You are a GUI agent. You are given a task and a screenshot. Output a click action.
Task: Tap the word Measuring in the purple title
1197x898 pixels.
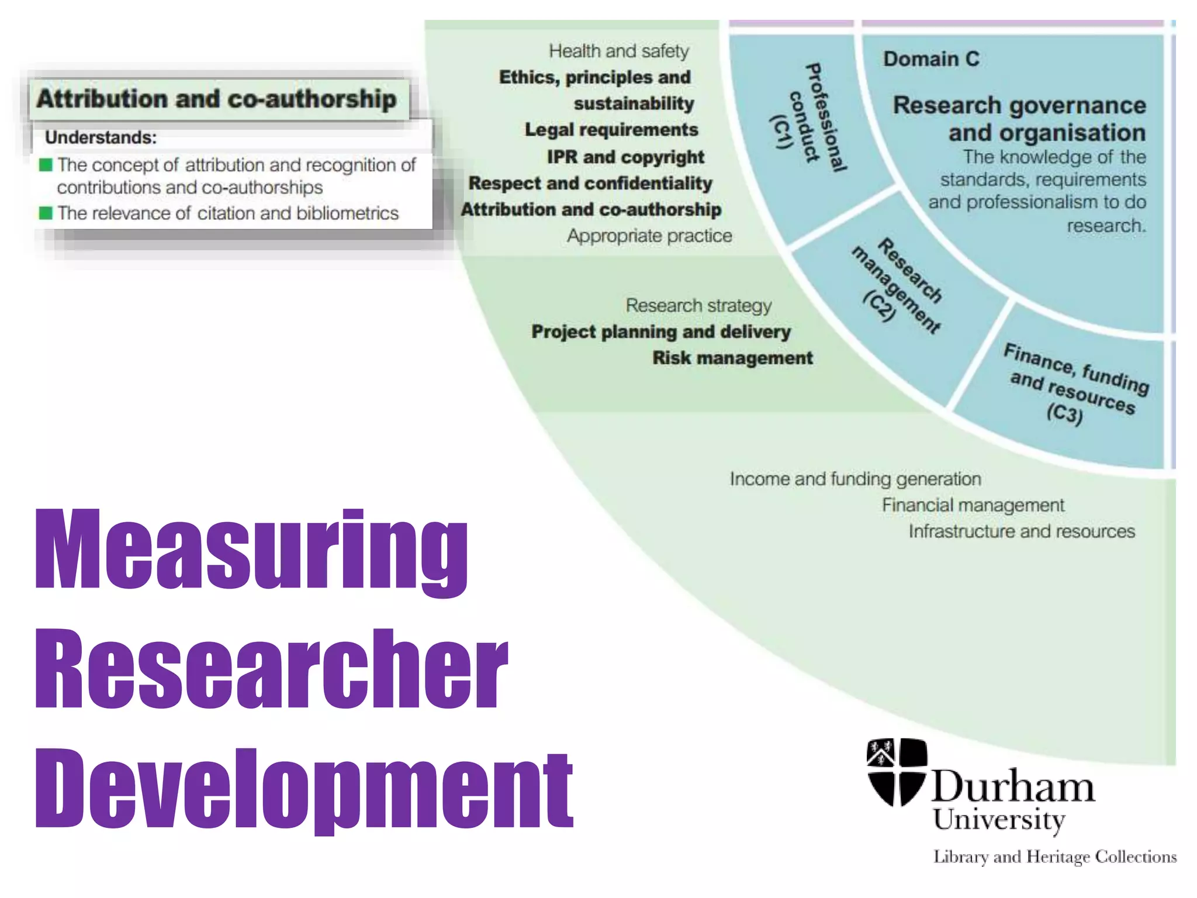click(x=251, y=550)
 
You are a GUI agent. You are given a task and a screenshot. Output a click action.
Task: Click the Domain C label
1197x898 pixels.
click(x=930, y=59)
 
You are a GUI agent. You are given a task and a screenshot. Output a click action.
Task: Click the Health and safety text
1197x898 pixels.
click(x=618, y=51)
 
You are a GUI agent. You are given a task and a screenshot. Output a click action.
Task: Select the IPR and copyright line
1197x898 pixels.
click(x=625, y=157)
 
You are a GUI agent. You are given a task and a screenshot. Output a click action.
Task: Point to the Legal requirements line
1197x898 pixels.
click(x=611, y=130)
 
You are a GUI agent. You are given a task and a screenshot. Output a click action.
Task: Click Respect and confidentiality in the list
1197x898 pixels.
click(x=590, y=183)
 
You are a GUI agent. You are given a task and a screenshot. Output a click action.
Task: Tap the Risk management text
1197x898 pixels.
click(x=732, y=358)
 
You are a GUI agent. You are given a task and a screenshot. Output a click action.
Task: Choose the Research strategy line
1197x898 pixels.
click(x=698, y=305)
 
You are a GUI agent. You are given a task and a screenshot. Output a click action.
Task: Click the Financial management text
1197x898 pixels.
click(x=973, y=505)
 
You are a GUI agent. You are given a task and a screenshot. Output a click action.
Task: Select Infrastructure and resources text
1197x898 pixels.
click(x=1021, y=531)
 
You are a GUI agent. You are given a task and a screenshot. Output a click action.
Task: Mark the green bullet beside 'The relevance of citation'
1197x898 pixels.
click(x=46, y=213)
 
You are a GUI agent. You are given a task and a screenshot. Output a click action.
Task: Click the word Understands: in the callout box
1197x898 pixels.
click(x=101, y=137)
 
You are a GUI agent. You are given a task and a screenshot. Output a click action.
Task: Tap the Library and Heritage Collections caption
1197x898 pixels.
click(x=1054, y=857)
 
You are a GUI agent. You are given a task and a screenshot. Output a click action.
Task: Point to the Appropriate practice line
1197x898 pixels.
click(x=649, y=236)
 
